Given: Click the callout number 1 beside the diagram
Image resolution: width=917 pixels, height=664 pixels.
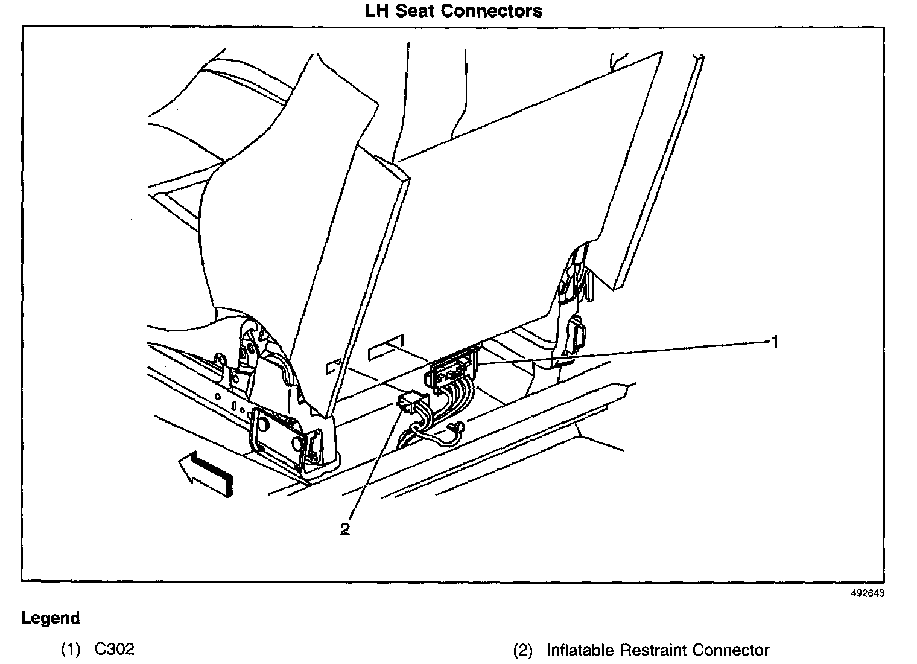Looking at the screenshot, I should [x=774, y=342].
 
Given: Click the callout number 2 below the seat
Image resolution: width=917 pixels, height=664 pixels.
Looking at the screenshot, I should [x=345, y=529].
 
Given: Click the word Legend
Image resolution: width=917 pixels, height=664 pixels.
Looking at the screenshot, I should [x=50, y=618].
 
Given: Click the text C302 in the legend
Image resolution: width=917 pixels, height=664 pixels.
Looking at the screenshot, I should [x=115, y=650].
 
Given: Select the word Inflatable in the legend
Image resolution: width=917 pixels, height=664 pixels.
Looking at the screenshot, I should [x=581, y=650].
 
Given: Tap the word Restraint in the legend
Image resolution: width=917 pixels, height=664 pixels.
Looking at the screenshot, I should [x=654, y=650].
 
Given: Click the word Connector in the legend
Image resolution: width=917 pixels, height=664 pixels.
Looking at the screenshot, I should [x=731, y=650].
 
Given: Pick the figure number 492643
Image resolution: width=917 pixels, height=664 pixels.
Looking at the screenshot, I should [x=868, y=593].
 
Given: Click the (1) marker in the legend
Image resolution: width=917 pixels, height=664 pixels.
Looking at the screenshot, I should [x=70, y=650].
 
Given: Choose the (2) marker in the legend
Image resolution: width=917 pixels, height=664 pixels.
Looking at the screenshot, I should [x=522, y=651].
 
